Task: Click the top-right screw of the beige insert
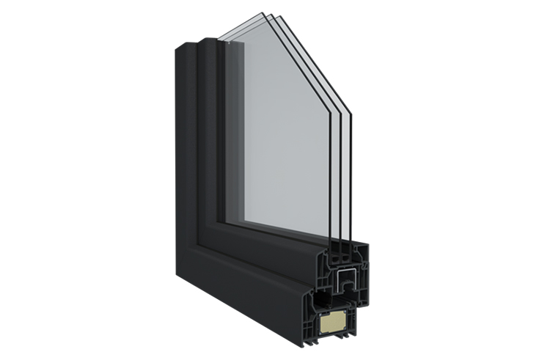click(x=345, y=312)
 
